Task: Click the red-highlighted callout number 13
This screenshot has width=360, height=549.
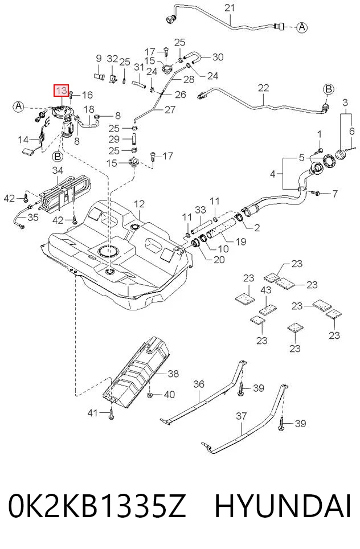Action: (x=61, y=91)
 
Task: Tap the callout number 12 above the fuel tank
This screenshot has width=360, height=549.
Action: (x=139, y=203)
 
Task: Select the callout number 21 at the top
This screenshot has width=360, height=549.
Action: (x=230, y=7)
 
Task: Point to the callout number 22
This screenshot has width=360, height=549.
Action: (x=263, y=88)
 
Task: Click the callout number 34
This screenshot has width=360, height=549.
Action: (x=58, y=170)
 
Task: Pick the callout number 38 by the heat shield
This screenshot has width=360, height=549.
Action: (x=173, y=374)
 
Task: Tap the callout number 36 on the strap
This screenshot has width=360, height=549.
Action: (x=199, y=384)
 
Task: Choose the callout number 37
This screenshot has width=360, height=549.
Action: (x=242, y=416)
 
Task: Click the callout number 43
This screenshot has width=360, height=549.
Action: (x=266, y=290)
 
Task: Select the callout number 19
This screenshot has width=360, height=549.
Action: (x=241, y=241)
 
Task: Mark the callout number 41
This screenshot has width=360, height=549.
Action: (x=92, y=413)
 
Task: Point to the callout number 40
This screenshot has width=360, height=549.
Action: (x=169, y=395)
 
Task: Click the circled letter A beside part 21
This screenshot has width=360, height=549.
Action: (x=302, y=27)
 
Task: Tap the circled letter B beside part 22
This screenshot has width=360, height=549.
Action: (x=329, y=89)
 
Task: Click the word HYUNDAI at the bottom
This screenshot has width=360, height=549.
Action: (x=283, y=506)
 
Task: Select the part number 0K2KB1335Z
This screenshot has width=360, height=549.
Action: (x=97, y=506)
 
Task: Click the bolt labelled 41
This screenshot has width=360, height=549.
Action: (x=112, y=415)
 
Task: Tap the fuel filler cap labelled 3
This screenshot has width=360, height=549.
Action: (x=341, y=154)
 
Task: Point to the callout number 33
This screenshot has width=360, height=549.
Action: (x=201, y=210)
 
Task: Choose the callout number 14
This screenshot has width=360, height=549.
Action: (x=23, y=140)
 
